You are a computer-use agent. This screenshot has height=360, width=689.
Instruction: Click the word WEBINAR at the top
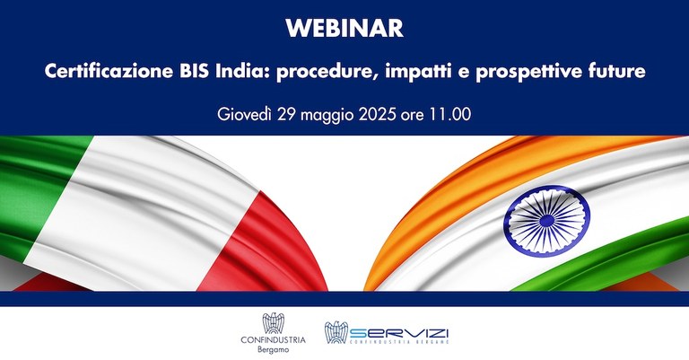(x=344, y=29)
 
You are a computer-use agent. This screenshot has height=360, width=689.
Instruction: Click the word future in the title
(x=614, y=72)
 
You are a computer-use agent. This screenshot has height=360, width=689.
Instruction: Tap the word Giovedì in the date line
(x=248, y=115)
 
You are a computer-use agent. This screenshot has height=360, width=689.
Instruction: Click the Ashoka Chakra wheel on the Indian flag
(x=546, y=215)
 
